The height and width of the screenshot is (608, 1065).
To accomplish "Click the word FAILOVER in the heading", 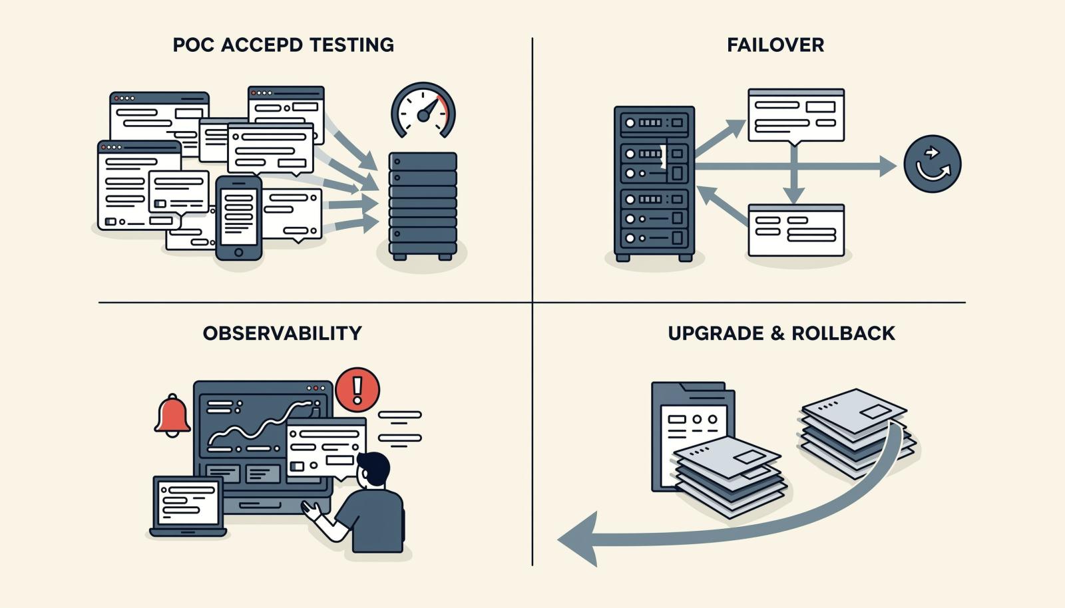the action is point(775,45).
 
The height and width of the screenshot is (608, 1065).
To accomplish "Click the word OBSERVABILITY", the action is point(282,333).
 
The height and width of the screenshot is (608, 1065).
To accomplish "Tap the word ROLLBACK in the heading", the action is point(843,333).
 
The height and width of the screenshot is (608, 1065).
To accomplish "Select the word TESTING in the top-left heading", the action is point(352,45).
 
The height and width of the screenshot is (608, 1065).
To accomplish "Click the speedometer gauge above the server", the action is point(423,111).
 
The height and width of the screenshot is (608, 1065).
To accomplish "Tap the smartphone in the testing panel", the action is point(239,218).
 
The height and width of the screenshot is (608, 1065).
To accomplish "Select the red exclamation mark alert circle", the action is point(357,390).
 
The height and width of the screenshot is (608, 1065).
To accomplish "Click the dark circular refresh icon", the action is point(933,164).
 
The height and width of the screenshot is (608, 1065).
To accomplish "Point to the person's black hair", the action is point(375,466).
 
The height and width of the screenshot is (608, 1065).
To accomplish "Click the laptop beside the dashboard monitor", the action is point(188,506).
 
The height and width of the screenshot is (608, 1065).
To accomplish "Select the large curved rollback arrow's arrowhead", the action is point(578,539).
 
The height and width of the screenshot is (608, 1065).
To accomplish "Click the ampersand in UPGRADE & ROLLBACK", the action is point(777,333).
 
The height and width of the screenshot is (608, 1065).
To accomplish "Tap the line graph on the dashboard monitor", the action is point(262,423).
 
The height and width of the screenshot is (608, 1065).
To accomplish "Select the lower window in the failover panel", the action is point(796,230).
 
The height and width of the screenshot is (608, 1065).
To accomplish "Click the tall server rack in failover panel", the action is point(654,184).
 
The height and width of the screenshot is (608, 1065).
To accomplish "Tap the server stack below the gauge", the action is point(423,206).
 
